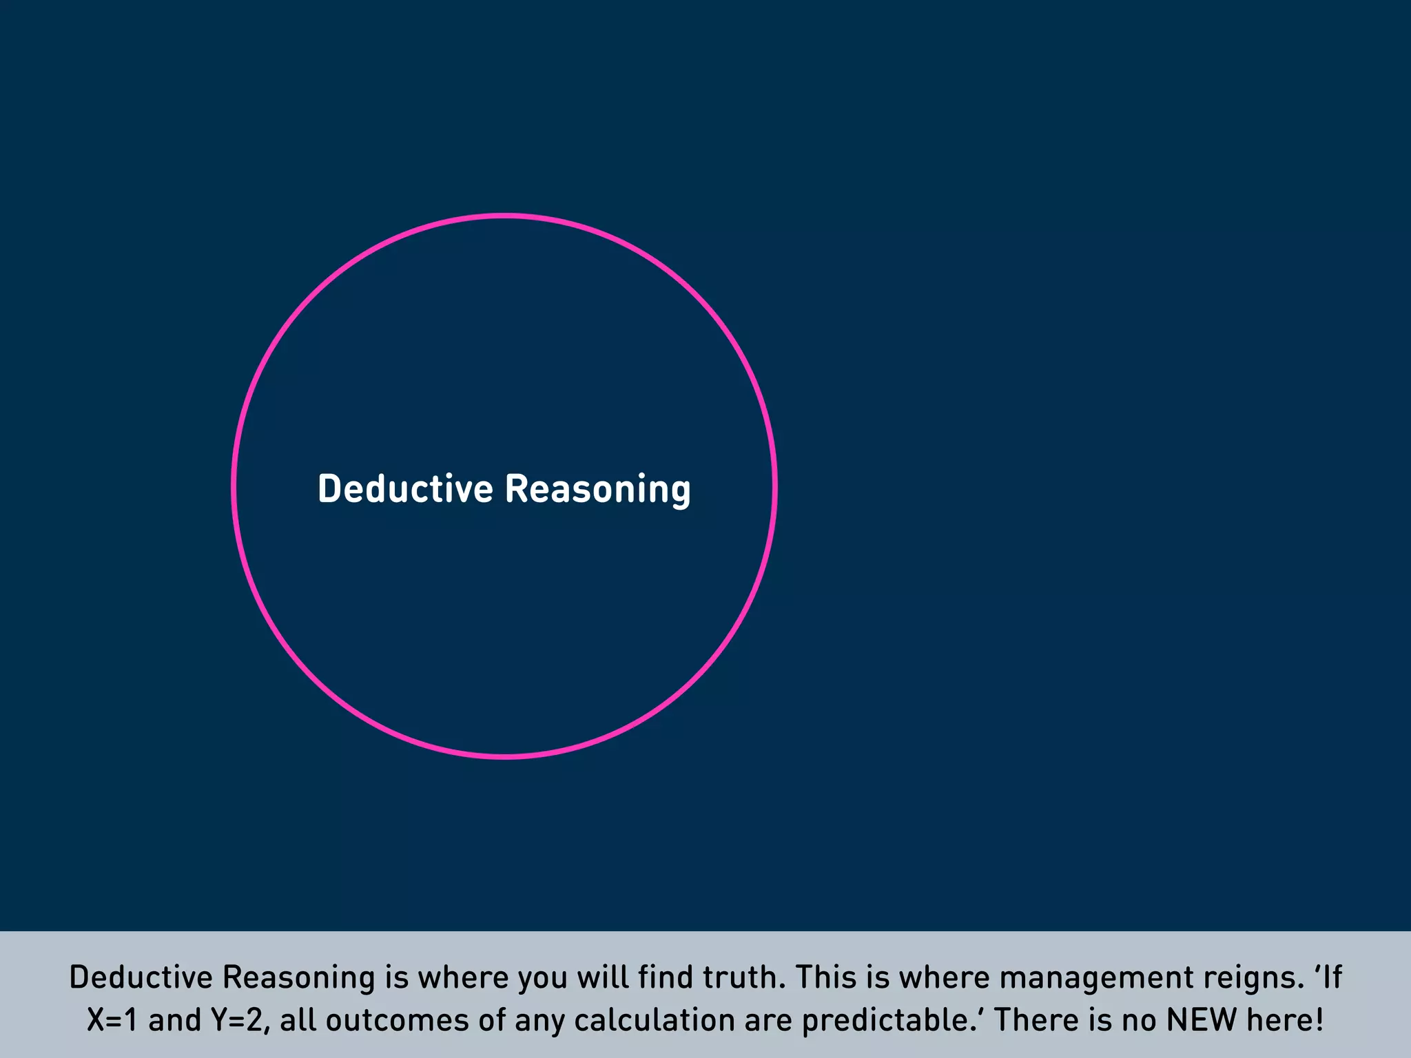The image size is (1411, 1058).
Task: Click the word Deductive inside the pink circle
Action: click(405, 489)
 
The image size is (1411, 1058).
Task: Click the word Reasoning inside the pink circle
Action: click(597, 489)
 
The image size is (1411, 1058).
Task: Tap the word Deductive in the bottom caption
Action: click(141, 977)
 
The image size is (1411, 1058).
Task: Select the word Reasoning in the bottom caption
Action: click(298, 977)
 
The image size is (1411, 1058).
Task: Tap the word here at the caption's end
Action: click(1284, 1020)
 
